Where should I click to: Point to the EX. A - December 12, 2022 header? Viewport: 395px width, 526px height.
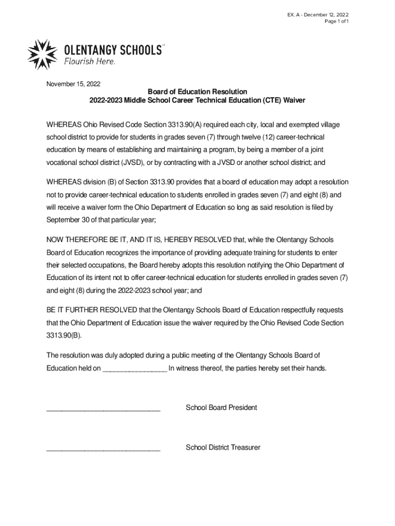(x=318, y=14)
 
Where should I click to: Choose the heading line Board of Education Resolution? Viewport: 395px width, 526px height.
(x=197, y=92)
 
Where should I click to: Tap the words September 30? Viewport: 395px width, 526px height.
(x=68, y=219)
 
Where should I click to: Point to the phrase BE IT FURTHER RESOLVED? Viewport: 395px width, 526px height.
(x=92, y=310)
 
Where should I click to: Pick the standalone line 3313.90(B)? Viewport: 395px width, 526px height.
(x=64, y=335)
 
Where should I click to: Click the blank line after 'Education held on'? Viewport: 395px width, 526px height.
(x=134, y=369)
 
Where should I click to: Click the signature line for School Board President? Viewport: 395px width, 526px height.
(x=103, y=409)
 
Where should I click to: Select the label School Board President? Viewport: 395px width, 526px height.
(x=221, y=408)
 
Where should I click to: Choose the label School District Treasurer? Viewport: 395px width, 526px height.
(x=223, y=447)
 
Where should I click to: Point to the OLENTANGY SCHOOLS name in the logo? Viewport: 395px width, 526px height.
(x=112, y=50)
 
